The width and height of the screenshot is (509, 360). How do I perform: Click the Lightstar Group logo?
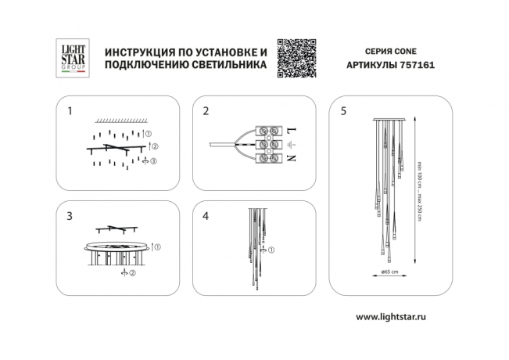[73, 58]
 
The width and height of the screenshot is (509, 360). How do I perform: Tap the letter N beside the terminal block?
[292, 159]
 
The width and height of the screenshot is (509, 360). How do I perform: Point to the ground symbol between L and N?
[292, 145]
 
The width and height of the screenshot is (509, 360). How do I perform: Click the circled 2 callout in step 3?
[133, 274]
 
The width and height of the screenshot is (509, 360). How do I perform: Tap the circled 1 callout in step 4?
[271, 251]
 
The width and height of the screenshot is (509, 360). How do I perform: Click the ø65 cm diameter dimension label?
[389, 272]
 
